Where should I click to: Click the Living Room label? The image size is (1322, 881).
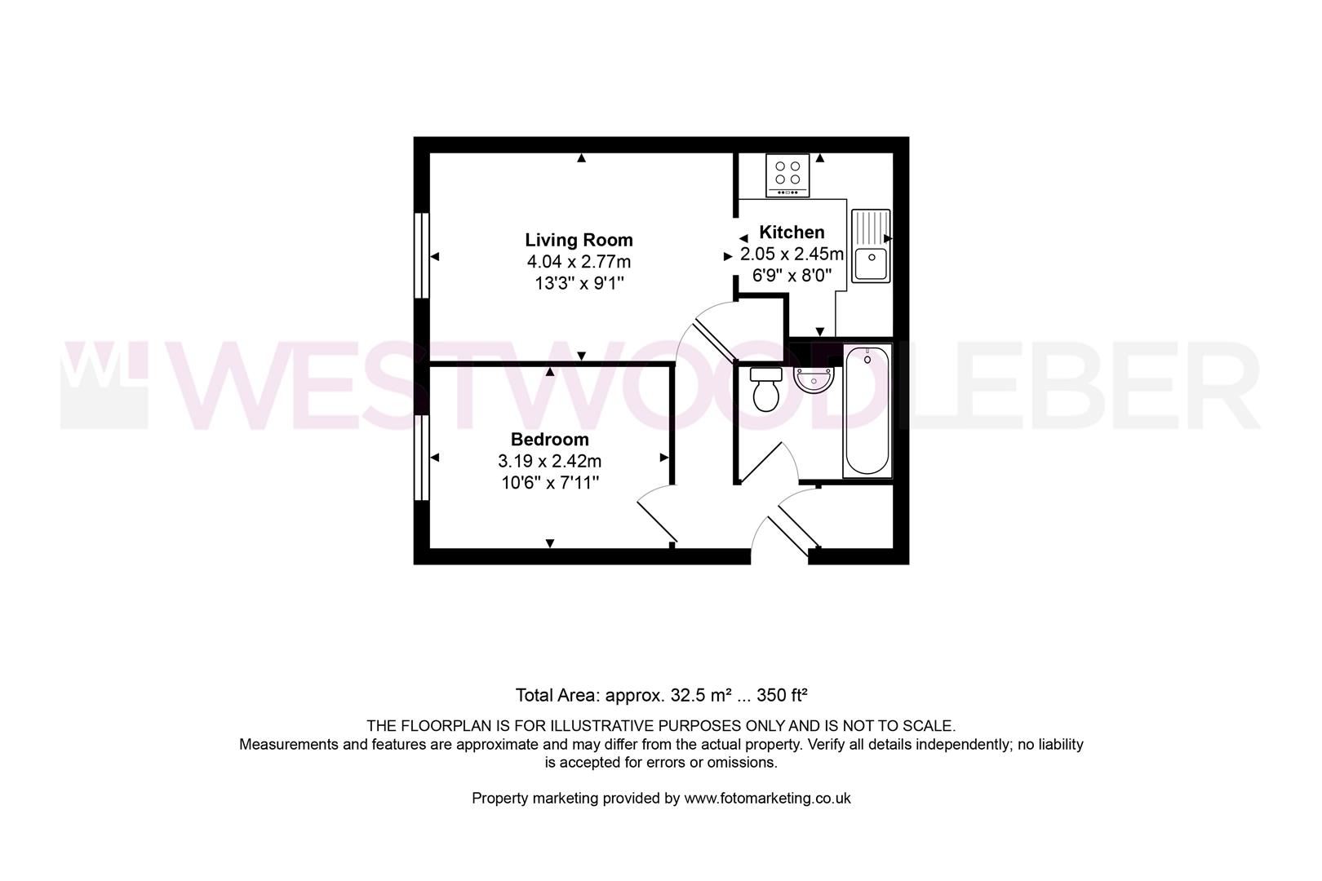tap(579, 240)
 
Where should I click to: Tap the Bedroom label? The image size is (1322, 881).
tap(549, 440)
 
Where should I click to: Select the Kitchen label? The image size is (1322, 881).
tap(792, 232)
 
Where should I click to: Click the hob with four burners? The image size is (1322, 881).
tap(787, 175)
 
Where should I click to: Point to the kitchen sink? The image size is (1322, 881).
tap(871, 246)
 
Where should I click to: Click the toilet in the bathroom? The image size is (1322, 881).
tap(766, 389)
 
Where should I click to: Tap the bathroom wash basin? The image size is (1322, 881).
tap(814, 379)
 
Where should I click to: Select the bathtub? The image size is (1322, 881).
tap(867, 410)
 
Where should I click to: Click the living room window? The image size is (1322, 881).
tap(421, 255)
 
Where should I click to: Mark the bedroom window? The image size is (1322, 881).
tap(421, 458)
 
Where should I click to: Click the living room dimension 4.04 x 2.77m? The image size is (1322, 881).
tap(579, 261)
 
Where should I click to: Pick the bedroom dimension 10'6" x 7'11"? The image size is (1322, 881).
tap(550, 483)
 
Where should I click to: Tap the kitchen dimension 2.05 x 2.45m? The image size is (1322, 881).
tap(792, 255)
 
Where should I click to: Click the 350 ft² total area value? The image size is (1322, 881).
tap(782, 695)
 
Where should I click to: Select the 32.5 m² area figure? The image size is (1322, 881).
tap(701, 695)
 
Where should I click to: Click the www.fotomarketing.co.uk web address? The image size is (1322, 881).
tap(767, 799)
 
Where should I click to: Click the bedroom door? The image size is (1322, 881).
tap(656, 513)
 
